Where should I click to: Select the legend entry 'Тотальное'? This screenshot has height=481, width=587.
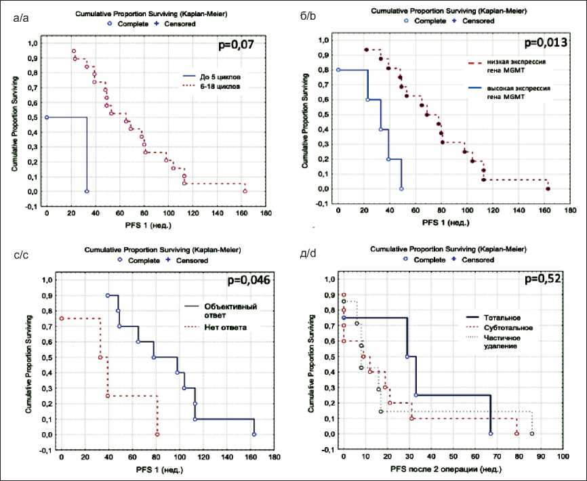[x=502, y=317]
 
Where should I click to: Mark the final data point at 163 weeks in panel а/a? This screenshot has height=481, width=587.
[x=245, y=191]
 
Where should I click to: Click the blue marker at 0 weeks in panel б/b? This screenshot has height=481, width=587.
[x=338, y=70]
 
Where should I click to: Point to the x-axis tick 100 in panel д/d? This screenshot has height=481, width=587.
[x=563, y=457]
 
